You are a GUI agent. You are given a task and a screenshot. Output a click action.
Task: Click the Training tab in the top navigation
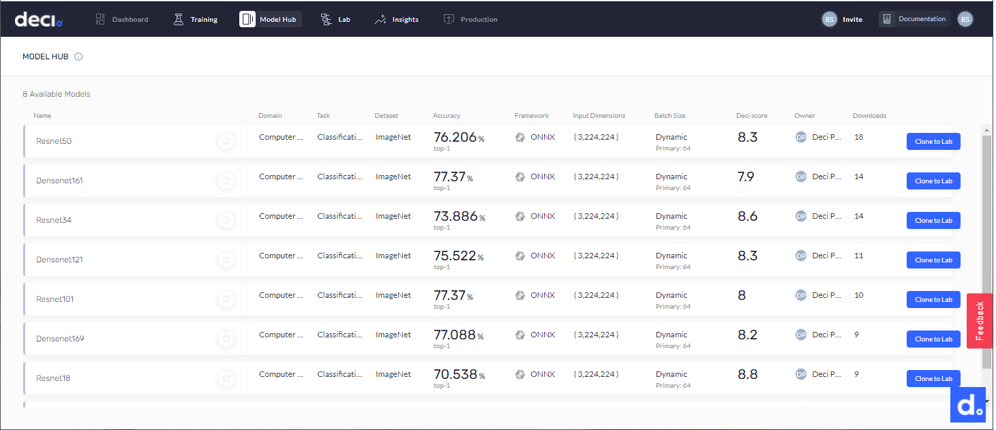pyautogui.click(x=196, y=19)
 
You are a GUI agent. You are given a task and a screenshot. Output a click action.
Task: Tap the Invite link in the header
pyautogui.click(x=852, y=20)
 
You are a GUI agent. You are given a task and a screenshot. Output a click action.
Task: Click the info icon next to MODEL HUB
pyautogui.click(x=78, y=57)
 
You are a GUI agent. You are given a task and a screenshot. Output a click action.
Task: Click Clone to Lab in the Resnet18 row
pyautogui.click(x=933, y=379)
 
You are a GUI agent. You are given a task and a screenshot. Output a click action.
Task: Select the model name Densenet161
pyautogui.click(x=59, y=181)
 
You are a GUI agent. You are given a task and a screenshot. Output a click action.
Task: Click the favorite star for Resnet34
pyautogui.click(x=226, y=220)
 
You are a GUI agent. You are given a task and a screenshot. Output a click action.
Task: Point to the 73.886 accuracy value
pyautogui.click(x=455, y=217)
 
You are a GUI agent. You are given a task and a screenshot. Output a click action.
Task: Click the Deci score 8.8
pyautogui.click(x=747, y=374)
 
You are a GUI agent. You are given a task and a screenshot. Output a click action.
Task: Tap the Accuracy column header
pyautogui.click(x=447, y=116)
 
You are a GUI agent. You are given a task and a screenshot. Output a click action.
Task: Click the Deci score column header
pyautogui.click(x=751, y=116)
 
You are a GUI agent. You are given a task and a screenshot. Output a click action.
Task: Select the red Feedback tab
pyautogui.click(x=980, y=321)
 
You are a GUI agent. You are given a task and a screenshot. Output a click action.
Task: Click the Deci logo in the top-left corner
pyautogui.click(x=38, y=20)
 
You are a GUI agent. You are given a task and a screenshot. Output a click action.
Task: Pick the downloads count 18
pyautogui.click(x=858, y=137)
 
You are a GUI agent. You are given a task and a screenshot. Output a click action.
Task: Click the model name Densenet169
pyautogui.click(x=60, y=339)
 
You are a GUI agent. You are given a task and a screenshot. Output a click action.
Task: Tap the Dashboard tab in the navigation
pyautogui.click(x=122, y=19)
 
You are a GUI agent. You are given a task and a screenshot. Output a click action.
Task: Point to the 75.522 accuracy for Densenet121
pyautogui.click(x=455, y=256)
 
